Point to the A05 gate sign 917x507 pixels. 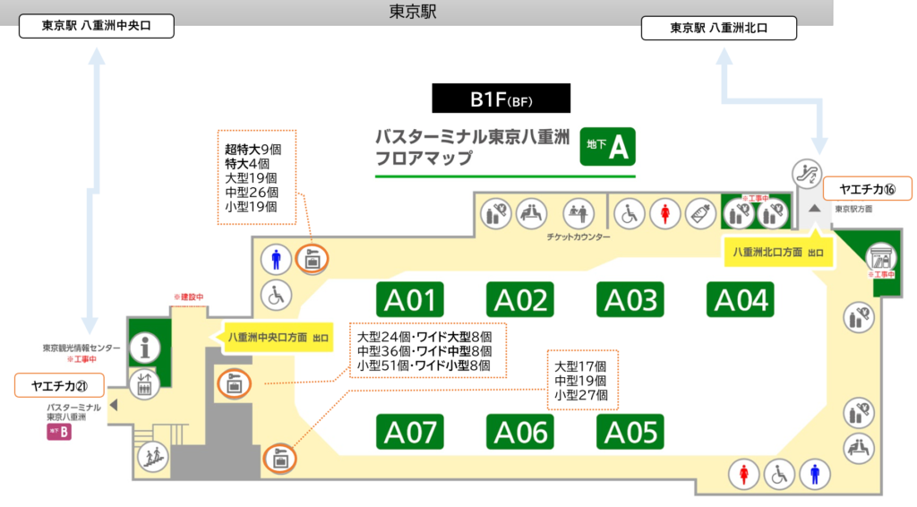631,432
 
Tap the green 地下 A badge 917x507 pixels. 607,145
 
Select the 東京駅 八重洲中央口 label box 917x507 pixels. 97,26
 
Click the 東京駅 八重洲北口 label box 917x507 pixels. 719,28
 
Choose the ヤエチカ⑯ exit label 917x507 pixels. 867,189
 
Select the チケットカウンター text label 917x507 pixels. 578,237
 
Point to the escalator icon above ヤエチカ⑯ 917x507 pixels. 806,173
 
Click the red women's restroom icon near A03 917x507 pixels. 665,212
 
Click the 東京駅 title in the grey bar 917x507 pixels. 413,12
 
